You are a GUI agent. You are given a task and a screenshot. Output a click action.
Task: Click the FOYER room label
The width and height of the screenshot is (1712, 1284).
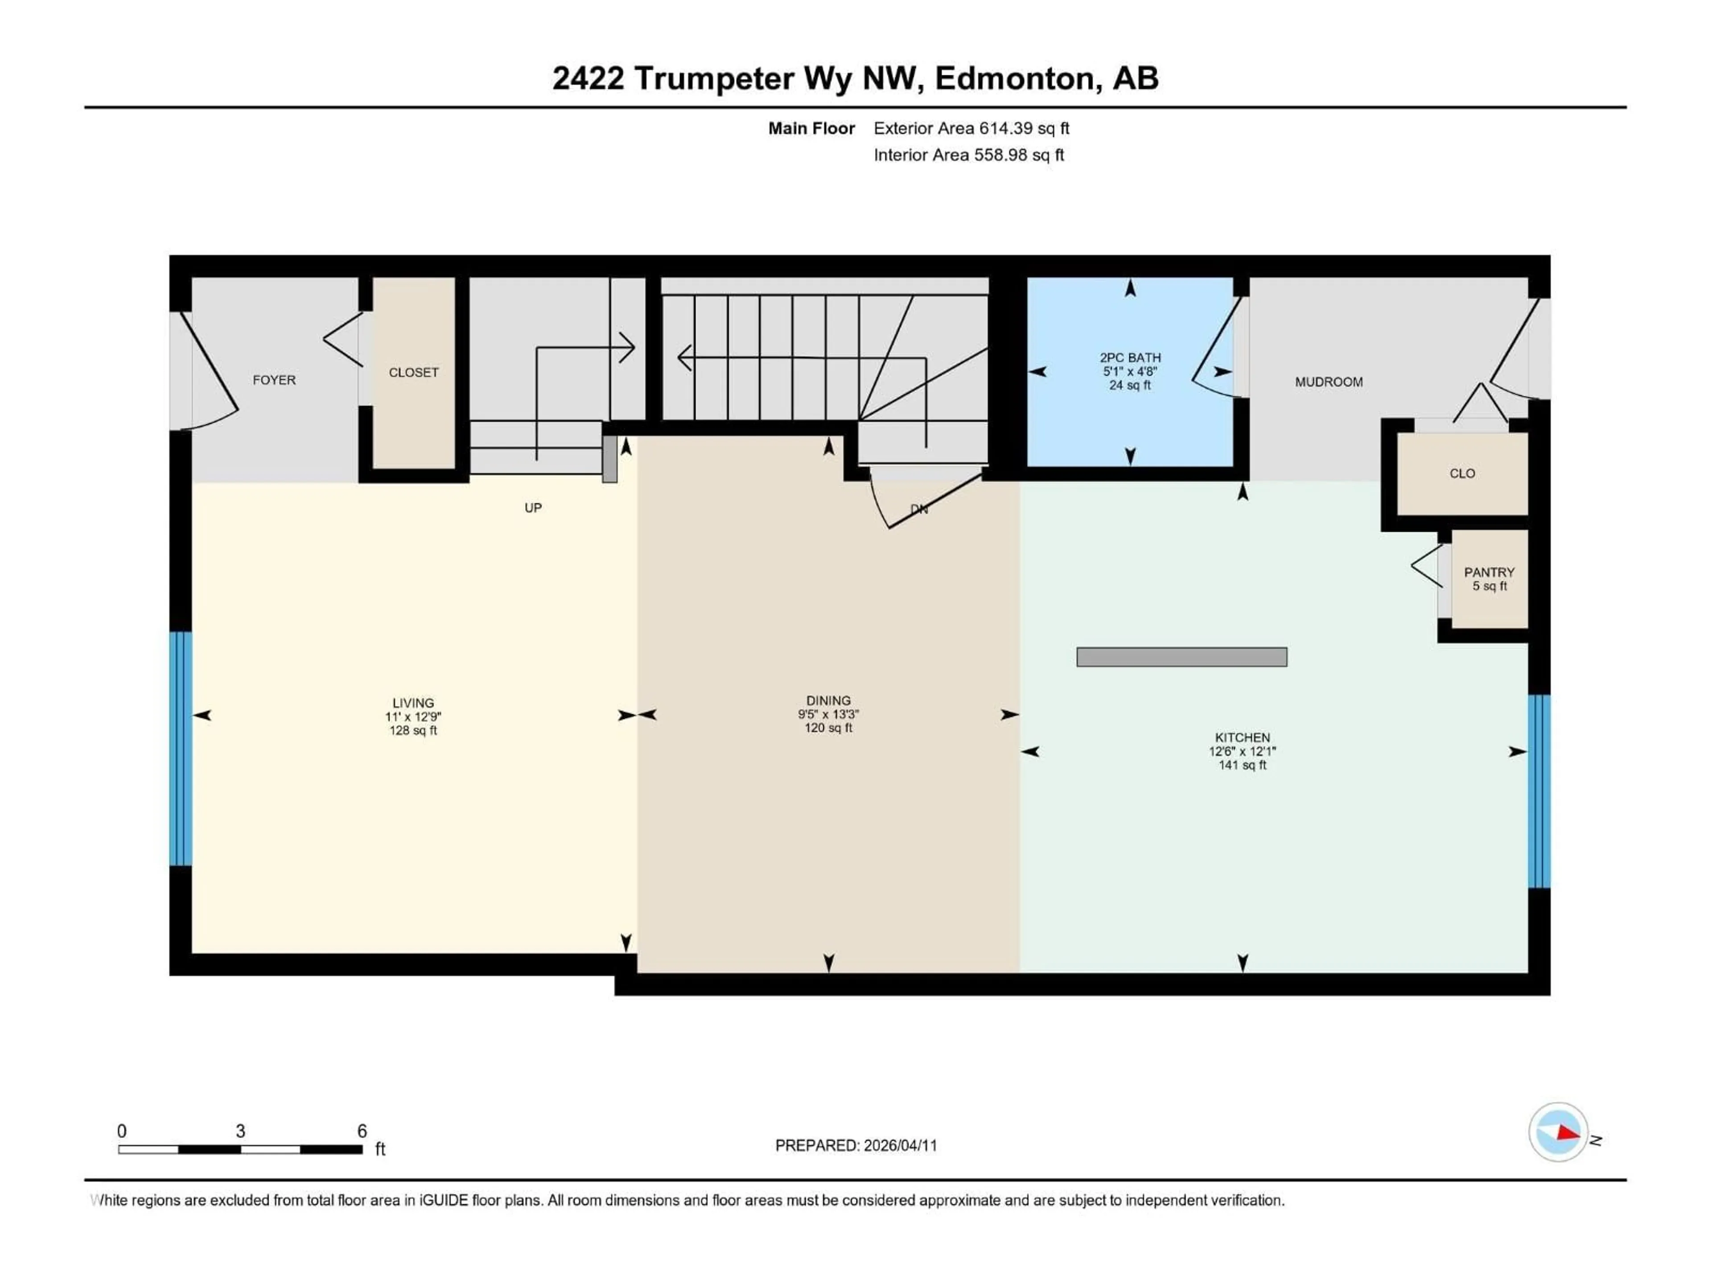(x=274, y=380)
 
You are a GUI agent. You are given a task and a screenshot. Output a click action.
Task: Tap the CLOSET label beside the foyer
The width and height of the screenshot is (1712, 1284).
(x=413, y=372)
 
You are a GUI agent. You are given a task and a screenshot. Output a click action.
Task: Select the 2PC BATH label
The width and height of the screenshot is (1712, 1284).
(x=1130, y=358)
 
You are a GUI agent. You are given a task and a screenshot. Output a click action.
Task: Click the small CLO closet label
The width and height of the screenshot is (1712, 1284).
(x=1462, y=473)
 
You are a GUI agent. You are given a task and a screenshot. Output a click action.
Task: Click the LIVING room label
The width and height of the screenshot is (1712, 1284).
(x=412, y=703)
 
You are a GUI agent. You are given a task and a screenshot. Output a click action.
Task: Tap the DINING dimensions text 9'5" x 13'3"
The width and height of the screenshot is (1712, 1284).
(x=828, y=714)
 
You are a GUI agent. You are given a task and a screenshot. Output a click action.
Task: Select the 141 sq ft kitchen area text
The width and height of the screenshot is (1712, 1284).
(x=1242, y=765)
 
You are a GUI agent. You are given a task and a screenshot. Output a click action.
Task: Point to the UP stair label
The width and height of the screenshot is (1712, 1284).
(x=533, y=508)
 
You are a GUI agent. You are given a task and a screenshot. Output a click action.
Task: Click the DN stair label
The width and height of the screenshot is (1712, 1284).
(x=919, y=509)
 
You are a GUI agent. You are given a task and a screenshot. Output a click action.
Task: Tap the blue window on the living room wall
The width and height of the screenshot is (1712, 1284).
(x=180, y=749)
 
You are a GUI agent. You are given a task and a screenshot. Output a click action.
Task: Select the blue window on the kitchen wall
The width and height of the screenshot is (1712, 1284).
(x=1539, y=790)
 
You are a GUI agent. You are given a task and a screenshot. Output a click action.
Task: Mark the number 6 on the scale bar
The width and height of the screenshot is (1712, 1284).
(x=362, y=1131)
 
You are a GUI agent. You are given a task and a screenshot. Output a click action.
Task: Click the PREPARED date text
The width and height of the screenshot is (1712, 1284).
(x=856, y=1145)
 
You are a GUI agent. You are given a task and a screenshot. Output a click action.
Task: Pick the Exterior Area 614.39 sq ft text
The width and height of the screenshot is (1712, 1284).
(x=971, y=128)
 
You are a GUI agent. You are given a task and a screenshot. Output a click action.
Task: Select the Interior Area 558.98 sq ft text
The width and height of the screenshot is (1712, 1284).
(x=968, y=155)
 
